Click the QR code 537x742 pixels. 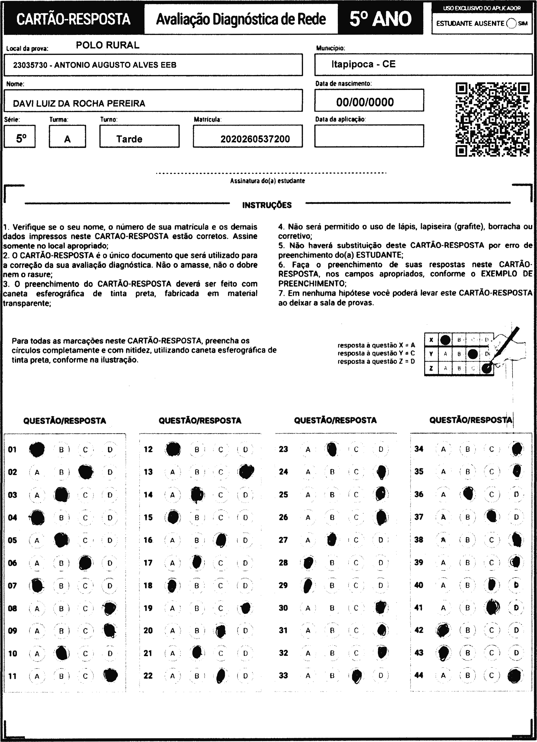(493, 119)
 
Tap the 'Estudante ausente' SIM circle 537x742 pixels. (511, 24)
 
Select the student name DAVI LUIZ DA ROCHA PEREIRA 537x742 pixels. (79, 103)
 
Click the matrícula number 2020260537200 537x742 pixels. (255, 139)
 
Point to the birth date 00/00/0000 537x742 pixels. (365, 102)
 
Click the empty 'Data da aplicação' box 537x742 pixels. (369, 136)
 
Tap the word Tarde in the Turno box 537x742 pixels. (129, 139)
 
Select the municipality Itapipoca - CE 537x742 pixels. (363, 64)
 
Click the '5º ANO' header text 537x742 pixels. (380, 19)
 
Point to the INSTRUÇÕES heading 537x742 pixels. (267, 205)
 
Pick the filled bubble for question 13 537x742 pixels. (246, 472)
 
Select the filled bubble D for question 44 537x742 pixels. (515, 676)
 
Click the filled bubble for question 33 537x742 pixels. (356, 675)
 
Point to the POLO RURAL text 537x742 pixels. (108, 45)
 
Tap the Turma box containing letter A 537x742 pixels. (67, 137)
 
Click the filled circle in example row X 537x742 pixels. (445, 340)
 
